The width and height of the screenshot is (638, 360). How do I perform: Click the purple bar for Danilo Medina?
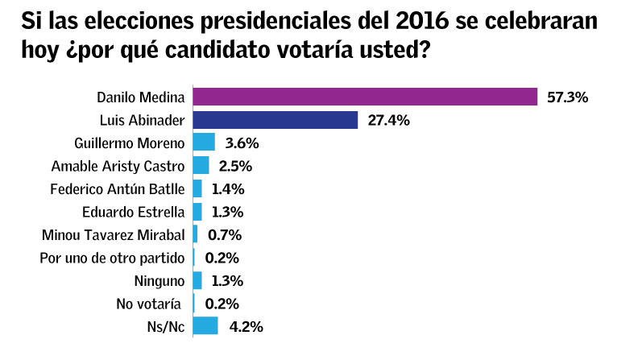(x=365, y=97)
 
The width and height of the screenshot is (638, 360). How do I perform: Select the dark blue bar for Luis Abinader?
(x=275, y=120)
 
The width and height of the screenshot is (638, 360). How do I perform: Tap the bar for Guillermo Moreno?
(x=205, y=143)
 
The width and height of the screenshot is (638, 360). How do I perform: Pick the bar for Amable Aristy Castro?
(x=201, y=166)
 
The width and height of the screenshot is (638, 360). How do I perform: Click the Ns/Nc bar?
(x=206, y=326)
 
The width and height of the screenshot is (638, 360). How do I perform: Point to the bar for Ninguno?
(x=198, y=280)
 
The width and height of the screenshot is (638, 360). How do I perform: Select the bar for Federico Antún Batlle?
(x=198, y=188)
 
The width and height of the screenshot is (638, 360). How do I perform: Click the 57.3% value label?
(x=568, y=97)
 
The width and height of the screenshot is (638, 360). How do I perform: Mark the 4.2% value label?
(x=246, y=326)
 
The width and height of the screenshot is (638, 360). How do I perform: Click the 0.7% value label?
(x=225, y=235)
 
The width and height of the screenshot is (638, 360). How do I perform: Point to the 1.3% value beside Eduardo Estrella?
(x=228, y=212)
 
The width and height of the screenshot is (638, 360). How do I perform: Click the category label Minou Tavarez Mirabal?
(x=114, y=235)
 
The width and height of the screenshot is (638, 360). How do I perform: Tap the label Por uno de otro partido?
(x=113, y=258)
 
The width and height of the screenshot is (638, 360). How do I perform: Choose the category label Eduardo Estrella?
(x=134, y=212)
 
